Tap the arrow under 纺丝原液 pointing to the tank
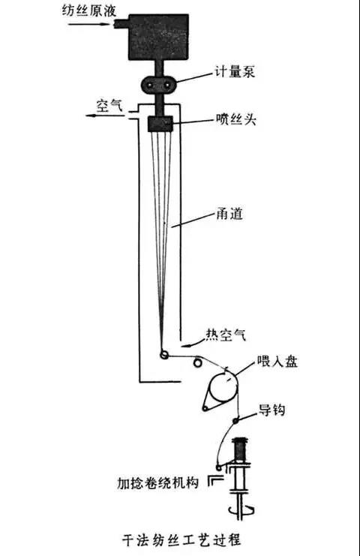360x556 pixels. tap(91, 24)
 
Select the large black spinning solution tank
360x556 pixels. tap(158, 37)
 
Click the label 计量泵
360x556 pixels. tap(235, 72)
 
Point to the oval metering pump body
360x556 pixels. tap(159, 85)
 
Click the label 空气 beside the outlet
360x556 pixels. tap(109, 105)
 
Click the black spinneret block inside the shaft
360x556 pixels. tap(160, 124)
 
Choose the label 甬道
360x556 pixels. tap(229, 213)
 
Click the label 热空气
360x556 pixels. tap(226, 335)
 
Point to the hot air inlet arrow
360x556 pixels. tap(192, 344)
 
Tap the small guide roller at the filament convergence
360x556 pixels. tap(164, 354)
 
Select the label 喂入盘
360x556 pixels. tap(277, 362)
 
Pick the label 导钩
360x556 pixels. tap(272, 410)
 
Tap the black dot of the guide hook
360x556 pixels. tap(235, 420)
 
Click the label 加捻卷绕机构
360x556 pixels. tap(157, 483)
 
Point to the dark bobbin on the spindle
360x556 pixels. tap(241, 450)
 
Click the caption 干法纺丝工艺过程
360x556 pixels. tap(181, 540)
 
